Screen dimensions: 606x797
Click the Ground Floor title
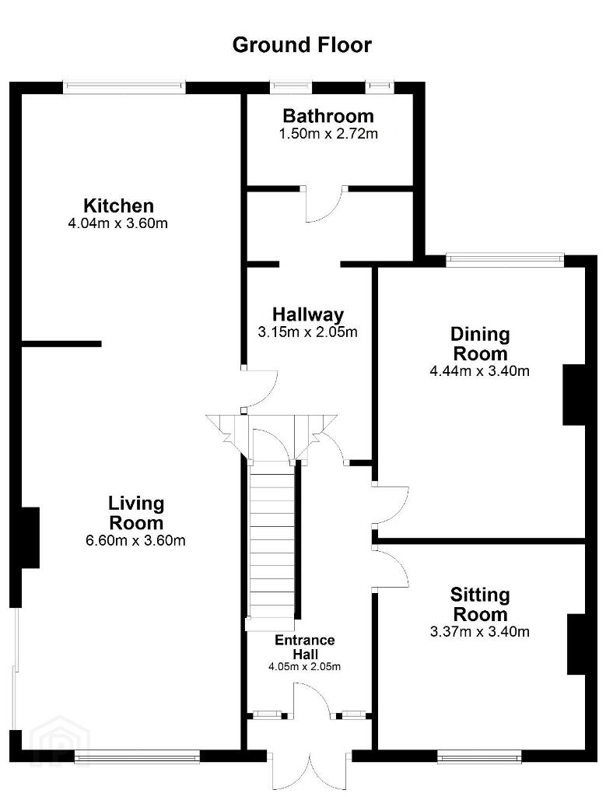click(302, 44)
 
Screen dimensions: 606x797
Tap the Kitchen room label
click(118, 205)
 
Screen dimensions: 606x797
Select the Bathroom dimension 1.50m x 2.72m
click(328, 134)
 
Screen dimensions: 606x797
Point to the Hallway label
click(308, 314)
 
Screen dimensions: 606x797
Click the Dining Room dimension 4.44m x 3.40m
click(479, 371)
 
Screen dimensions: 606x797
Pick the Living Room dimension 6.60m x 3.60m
click(135, 540)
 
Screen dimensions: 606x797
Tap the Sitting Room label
click(480, 604)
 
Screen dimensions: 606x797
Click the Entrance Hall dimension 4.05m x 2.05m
click(304, 666)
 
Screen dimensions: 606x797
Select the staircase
click(271, 544)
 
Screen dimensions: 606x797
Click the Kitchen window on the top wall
click(124, 87)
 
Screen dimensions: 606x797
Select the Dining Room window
click(506, 261)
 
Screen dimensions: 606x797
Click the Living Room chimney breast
click(30, 537)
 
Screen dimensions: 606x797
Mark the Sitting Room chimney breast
click(577, 644)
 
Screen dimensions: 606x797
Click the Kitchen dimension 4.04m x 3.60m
click(117, 223)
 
